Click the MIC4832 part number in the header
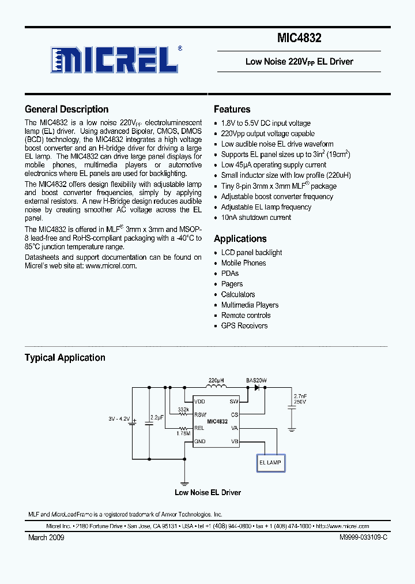click(299, 39)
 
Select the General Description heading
click(66, 109)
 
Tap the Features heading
click(232, 109)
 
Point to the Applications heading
click(240, 238)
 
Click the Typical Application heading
click(65, 358)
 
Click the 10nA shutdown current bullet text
click(256, 218)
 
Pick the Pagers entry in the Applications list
click(232, 284)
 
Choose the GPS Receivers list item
click(244, 325)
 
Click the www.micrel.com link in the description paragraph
click(111, 266)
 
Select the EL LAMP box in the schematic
click(270, 462)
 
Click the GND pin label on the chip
click(200, 441)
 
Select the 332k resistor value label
click(183, 409)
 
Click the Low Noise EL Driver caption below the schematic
click(207, 492)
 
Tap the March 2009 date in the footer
click(46, 537)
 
